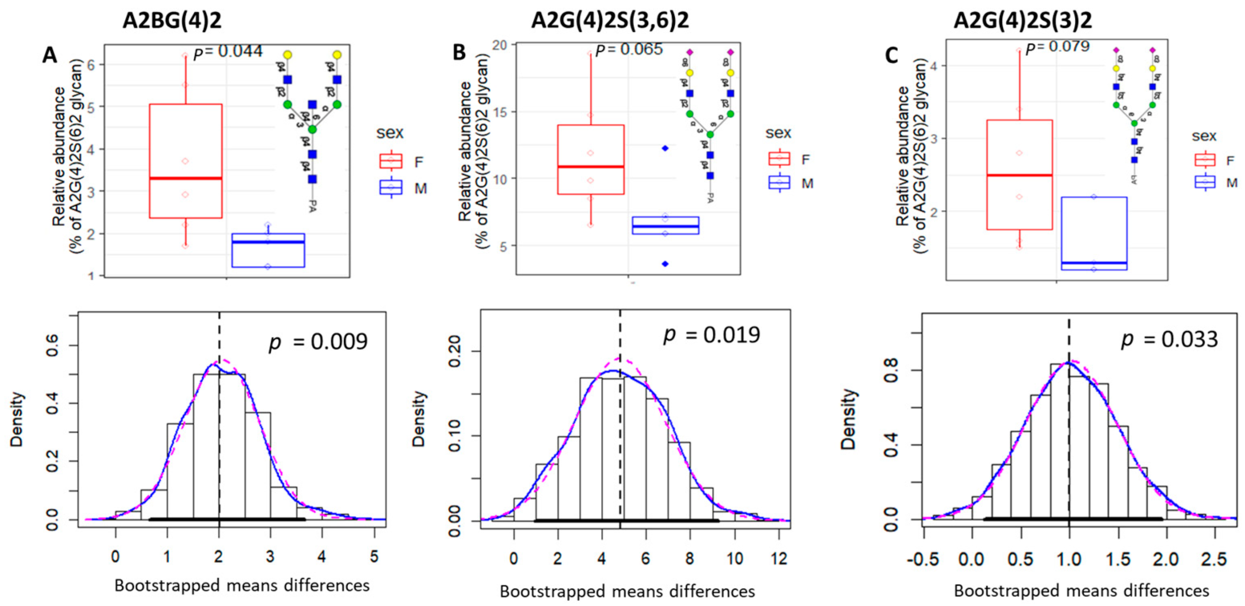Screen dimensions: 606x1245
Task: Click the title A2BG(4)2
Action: [172, 21]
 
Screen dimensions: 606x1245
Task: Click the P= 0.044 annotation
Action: [228, 52]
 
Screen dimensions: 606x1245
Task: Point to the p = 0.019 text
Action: [712, 334]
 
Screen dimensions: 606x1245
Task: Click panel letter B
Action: [459, 52]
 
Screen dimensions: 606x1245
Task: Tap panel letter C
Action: [891, 56]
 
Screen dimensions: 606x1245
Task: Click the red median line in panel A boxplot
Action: [186, 178]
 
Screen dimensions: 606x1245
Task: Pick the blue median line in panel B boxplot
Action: [665, 226]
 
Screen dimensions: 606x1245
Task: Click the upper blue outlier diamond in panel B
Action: [665, 148]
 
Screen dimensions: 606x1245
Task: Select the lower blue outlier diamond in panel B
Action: [665, 264]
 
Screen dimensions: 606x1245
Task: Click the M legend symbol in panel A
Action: [391, 188]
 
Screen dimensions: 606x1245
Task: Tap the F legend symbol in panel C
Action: [1205, 160]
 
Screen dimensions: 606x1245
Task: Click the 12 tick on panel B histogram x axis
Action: [779, 559]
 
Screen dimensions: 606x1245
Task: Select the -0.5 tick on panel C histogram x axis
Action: [923, 559]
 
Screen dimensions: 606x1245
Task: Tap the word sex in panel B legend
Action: [778, 133]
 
